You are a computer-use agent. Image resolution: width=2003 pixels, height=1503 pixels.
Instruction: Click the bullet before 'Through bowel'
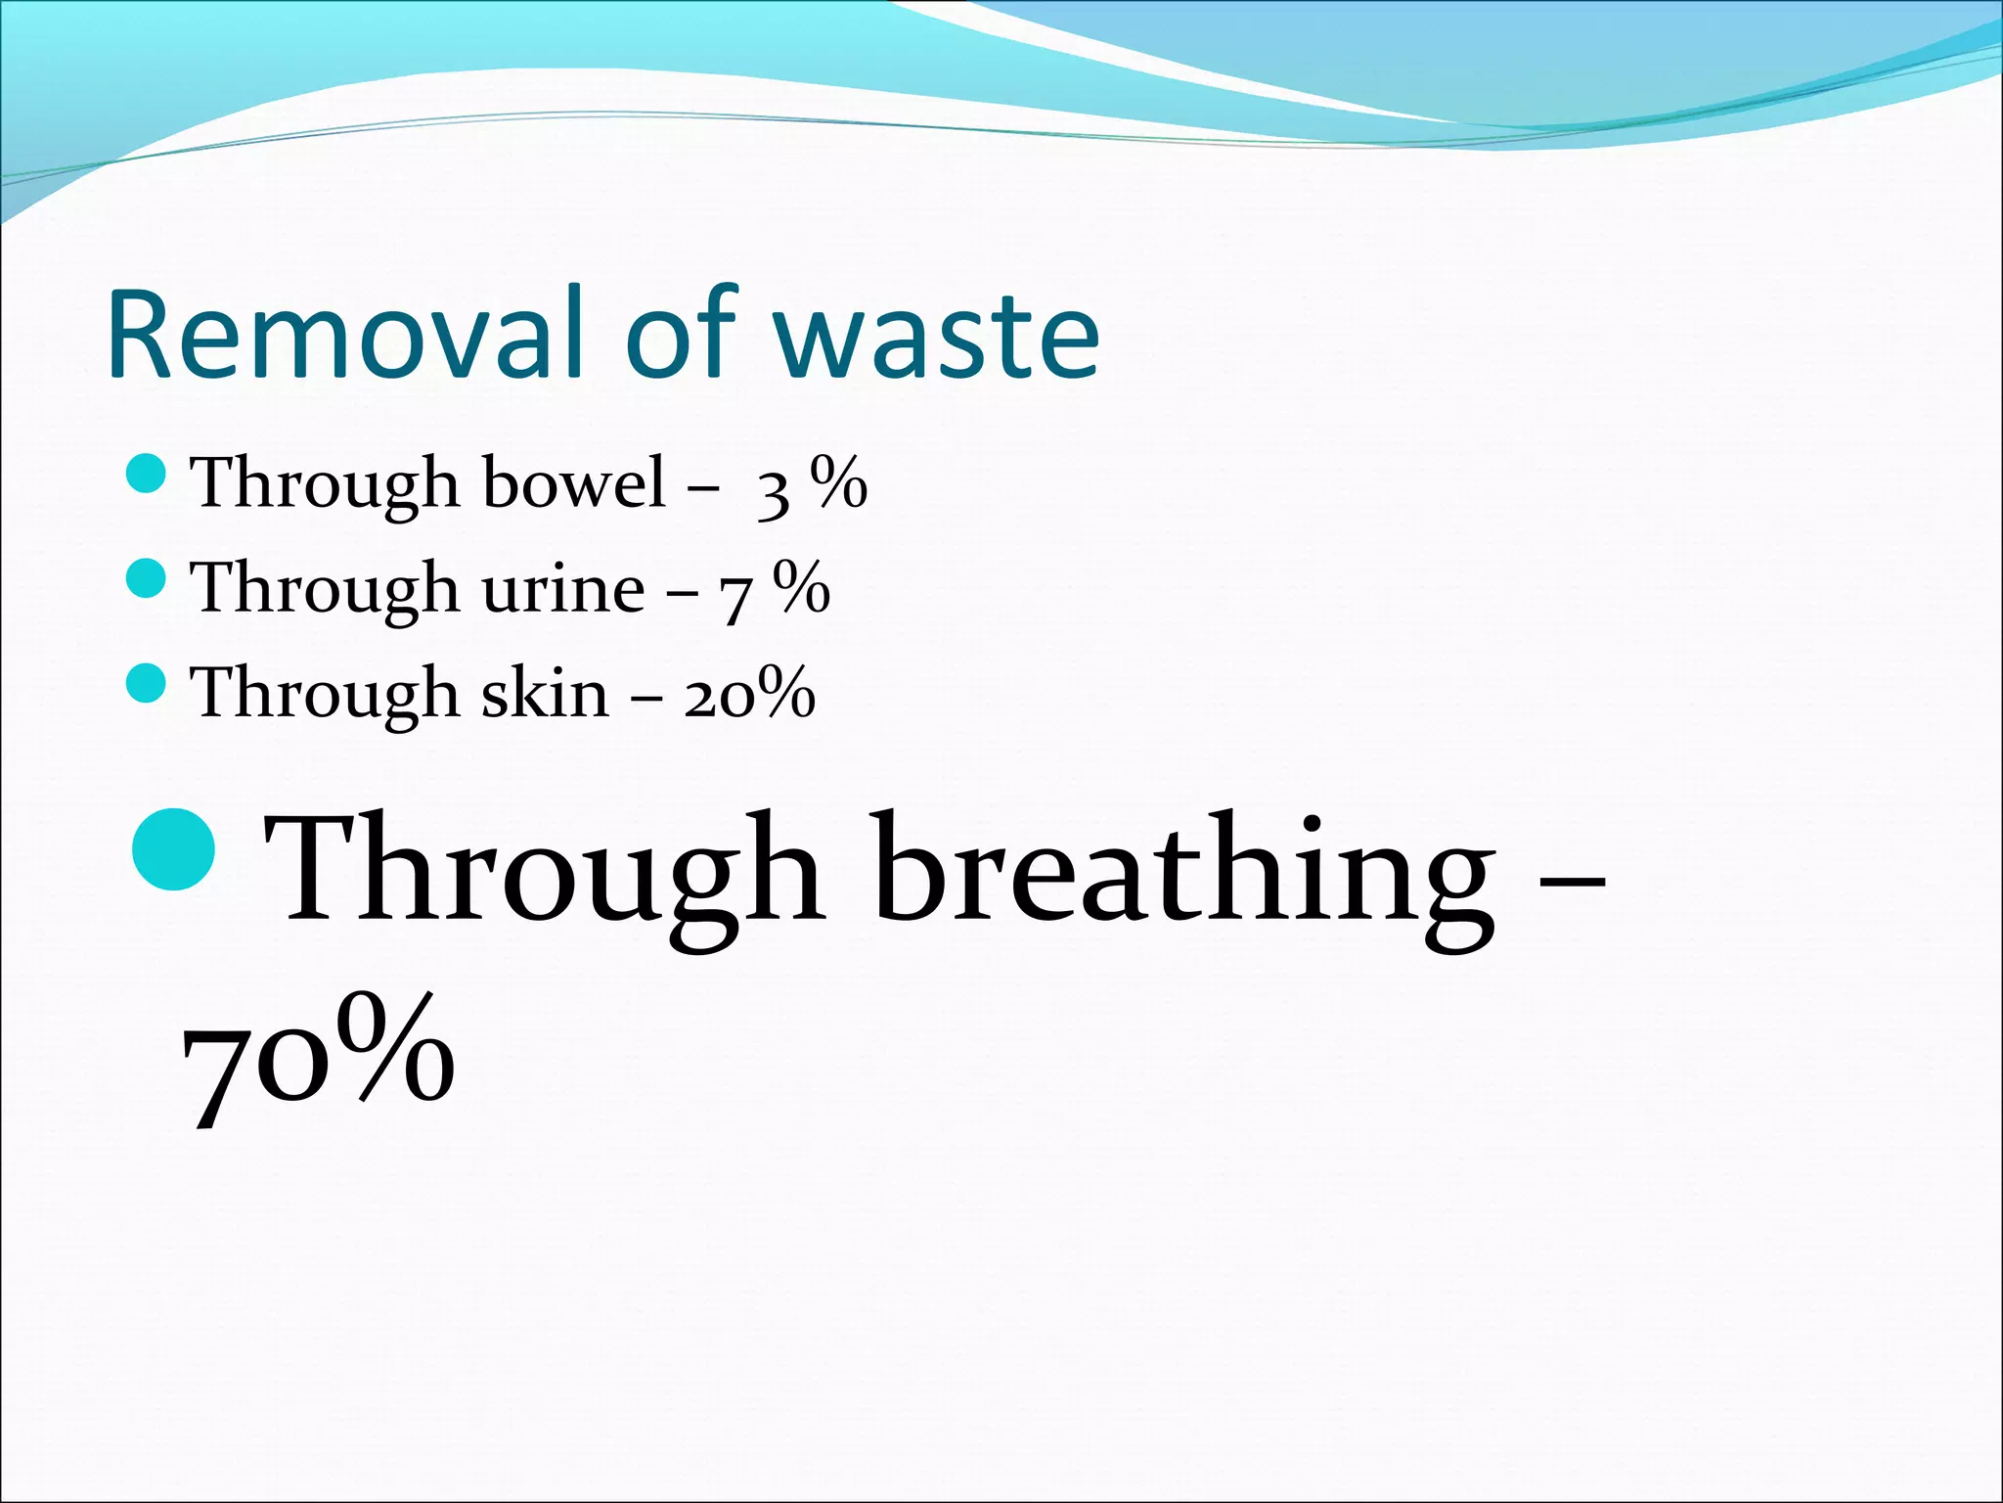pos(147,474)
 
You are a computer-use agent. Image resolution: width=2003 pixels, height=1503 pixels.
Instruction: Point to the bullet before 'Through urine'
pos(147,578)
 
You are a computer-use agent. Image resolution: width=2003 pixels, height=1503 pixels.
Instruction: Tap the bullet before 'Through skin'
pos(147,683)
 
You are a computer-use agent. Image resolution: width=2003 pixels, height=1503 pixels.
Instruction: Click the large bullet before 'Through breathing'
pos(174,848)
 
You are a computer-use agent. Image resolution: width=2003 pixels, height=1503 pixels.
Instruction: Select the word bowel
pos(574,481)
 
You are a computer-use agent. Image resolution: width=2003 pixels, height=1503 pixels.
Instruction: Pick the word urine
pos(563,587)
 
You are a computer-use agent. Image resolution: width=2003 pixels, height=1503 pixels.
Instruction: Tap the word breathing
pos(1184,869)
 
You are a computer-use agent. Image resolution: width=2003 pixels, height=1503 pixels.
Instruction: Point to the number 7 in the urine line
pos(736,596)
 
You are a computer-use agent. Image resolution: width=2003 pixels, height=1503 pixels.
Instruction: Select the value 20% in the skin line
pos(749,693)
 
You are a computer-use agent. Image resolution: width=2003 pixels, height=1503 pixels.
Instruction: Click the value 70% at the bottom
pos(319,1057)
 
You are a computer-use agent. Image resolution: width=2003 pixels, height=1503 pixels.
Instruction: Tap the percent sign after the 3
pos(839,481)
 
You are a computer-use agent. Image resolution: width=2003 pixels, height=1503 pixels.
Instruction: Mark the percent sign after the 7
pos(802,587)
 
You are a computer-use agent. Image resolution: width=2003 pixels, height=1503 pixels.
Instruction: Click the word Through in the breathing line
pos(543,869)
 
